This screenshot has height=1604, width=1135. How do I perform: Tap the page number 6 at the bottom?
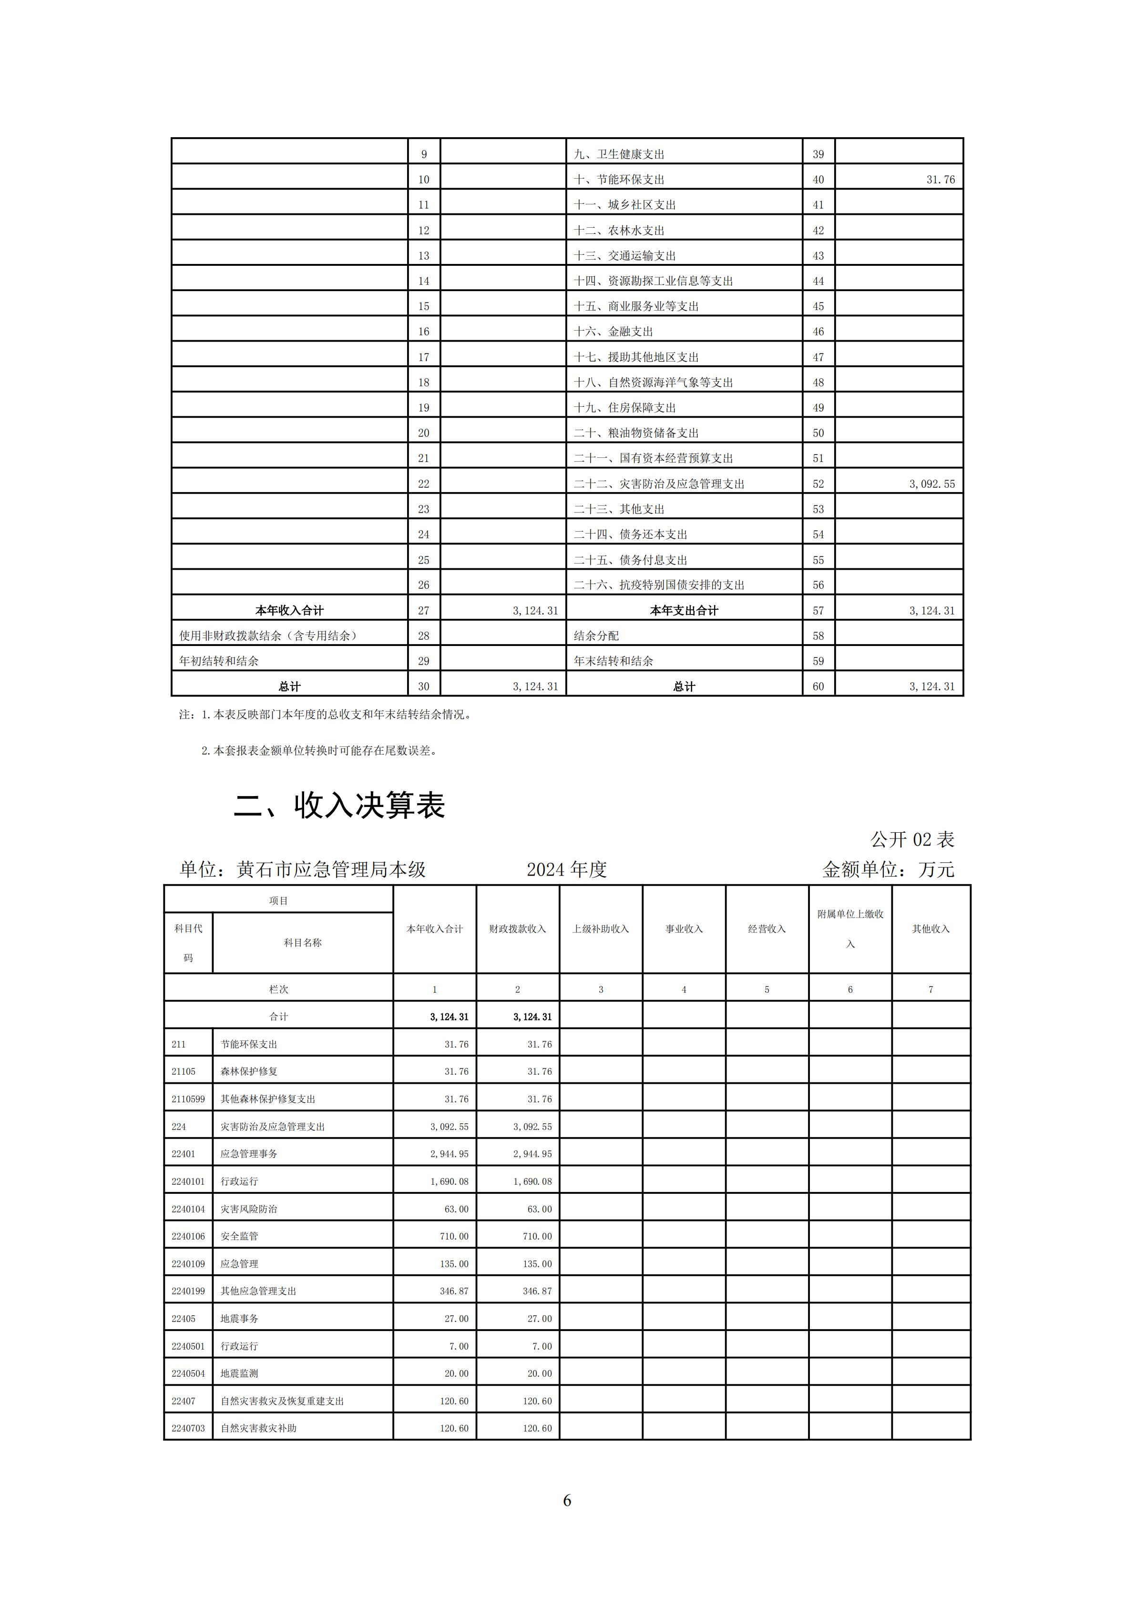coord(567,1499)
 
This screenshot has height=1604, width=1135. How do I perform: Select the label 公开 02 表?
coord(911,839)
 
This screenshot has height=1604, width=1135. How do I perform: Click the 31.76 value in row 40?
coord(940,180)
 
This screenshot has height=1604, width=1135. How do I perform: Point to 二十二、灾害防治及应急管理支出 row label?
coord(659,484)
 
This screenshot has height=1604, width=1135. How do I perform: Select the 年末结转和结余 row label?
coord(613,661)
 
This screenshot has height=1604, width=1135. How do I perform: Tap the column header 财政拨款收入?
coord(517,928)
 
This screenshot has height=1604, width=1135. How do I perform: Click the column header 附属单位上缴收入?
coord(850,928)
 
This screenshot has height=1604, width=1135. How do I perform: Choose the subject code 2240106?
coord(188,1236)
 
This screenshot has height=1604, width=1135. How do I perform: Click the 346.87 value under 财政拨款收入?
coord(537,1291)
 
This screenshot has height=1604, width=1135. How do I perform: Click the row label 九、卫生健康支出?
coord(619,154)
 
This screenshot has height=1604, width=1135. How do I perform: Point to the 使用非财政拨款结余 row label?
coord(268,636)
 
